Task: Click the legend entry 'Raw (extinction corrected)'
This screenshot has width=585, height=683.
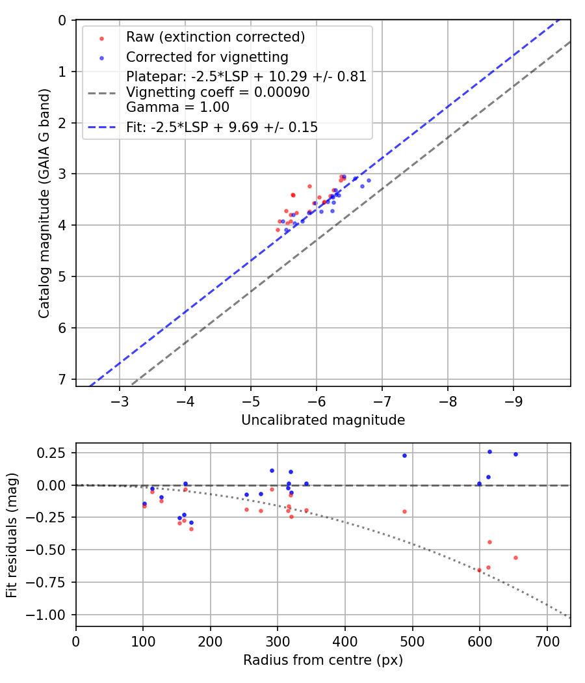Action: (215, 37)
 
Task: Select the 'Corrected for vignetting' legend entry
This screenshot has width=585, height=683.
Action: (207, 57)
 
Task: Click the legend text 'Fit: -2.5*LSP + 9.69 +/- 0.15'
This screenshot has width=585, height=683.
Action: (222, 127)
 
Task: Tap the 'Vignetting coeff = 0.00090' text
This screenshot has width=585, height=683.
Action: (218, 92)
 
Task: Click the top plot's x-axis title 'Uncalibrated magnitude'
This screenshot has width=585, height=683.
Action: (323, 420)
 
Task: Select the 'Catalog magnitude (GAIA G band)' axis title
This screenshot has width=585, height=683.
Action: (44, 204)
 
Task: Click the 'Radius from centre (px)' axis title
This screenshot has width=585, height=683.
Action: (323, 660)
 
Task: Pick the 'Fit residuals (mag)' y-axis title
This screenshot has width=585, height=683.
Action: (12, 535)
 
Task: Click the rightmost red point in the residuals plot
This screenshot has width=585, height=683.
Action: (515, 557)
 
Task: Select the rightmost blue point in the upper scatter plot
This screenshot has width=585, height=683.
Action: (369, 180)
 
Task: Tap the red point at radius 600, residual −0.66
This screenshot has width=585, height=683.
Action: (479, 570)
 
